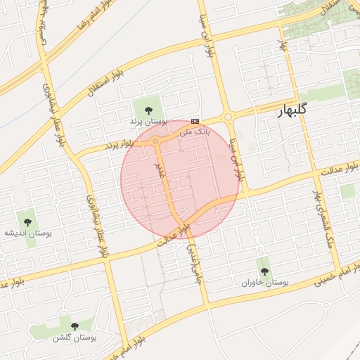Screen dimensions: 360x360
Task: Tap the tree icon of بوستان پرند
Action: click(148, 109)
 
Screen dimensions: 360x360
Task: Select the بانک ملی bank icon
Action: click(195, 121)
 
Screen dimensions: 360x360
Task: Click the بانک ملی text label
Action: click(195, 131)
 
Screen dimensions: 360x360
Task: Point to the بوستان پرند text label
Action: click(146, 122)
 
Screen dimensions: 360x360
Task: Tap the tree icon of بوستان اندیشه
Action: click(30, 221)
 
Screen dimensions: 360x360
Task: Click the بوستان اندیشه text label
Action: click(29, 232)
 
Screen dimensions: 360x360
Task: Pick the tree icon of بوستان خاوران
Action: click(264, 271)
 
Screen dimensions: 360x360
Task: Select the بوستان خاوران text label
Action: click(265, 283)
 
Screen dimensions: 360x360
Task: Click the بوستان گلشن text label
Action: click(74, 337)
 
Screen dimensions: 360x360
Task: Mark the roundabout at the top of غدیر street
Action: click(155, 141)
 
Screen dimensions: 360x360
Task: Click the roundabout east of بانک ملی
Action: click(228, 117)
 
